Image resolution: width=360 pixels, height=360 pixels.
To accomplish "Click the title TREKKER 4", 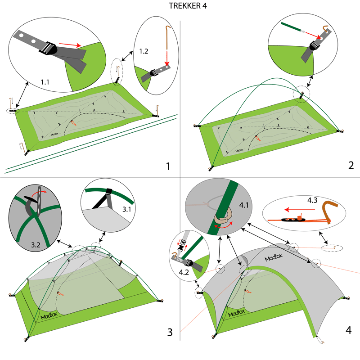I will pyautogui.click(x=180, y=7).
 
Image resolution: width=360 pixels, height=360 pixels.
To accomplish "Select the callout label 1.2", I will pyautogui.click(x=144, y=51).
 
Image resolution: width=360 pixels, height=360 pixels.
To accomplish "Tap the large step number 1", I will pyautogui.click(x=167, y=166).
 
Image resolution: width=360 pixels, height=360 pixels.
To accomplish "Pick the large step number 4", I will pyautogui.click(x=348, y=330).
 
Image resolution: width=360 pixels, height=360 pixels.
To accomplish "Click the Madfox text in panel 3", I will pyautogui.click(x=51, y=315).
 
